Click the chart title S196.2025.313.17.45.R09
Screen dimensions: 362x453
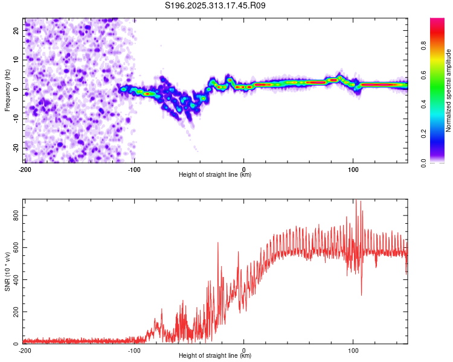tap(215, 5)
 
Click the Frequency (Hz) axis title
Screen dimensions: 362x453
tap(7, 91)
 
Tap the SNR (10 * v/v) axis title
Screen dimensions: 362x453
tap(7, 271)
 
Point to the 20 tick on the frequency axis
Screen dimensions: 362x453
tap(17, 30)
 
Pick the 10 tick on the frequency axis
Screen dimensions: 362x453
tap(17, 59)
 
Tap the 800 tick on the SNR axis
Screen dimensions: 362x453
tap(14, 215)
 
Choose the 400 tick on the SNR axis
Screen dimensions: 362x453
tap(14, 279)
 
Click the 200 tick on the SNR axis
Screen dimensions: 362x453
tap(14, 312)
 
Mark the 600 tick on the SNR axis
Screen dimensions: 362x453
tap(14, 247)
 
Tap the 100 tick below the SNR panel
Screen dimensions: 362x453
tap(353, 350)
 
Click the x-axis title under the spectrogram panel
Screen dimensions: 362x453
tap(215, 175)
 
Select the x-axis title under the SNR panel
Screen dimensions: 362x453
tap(215, 356)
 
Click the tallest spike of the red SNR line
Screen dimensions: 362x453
tap(356, 201)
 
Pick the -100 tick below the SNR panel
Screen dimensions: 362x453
tap(134, 350)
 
